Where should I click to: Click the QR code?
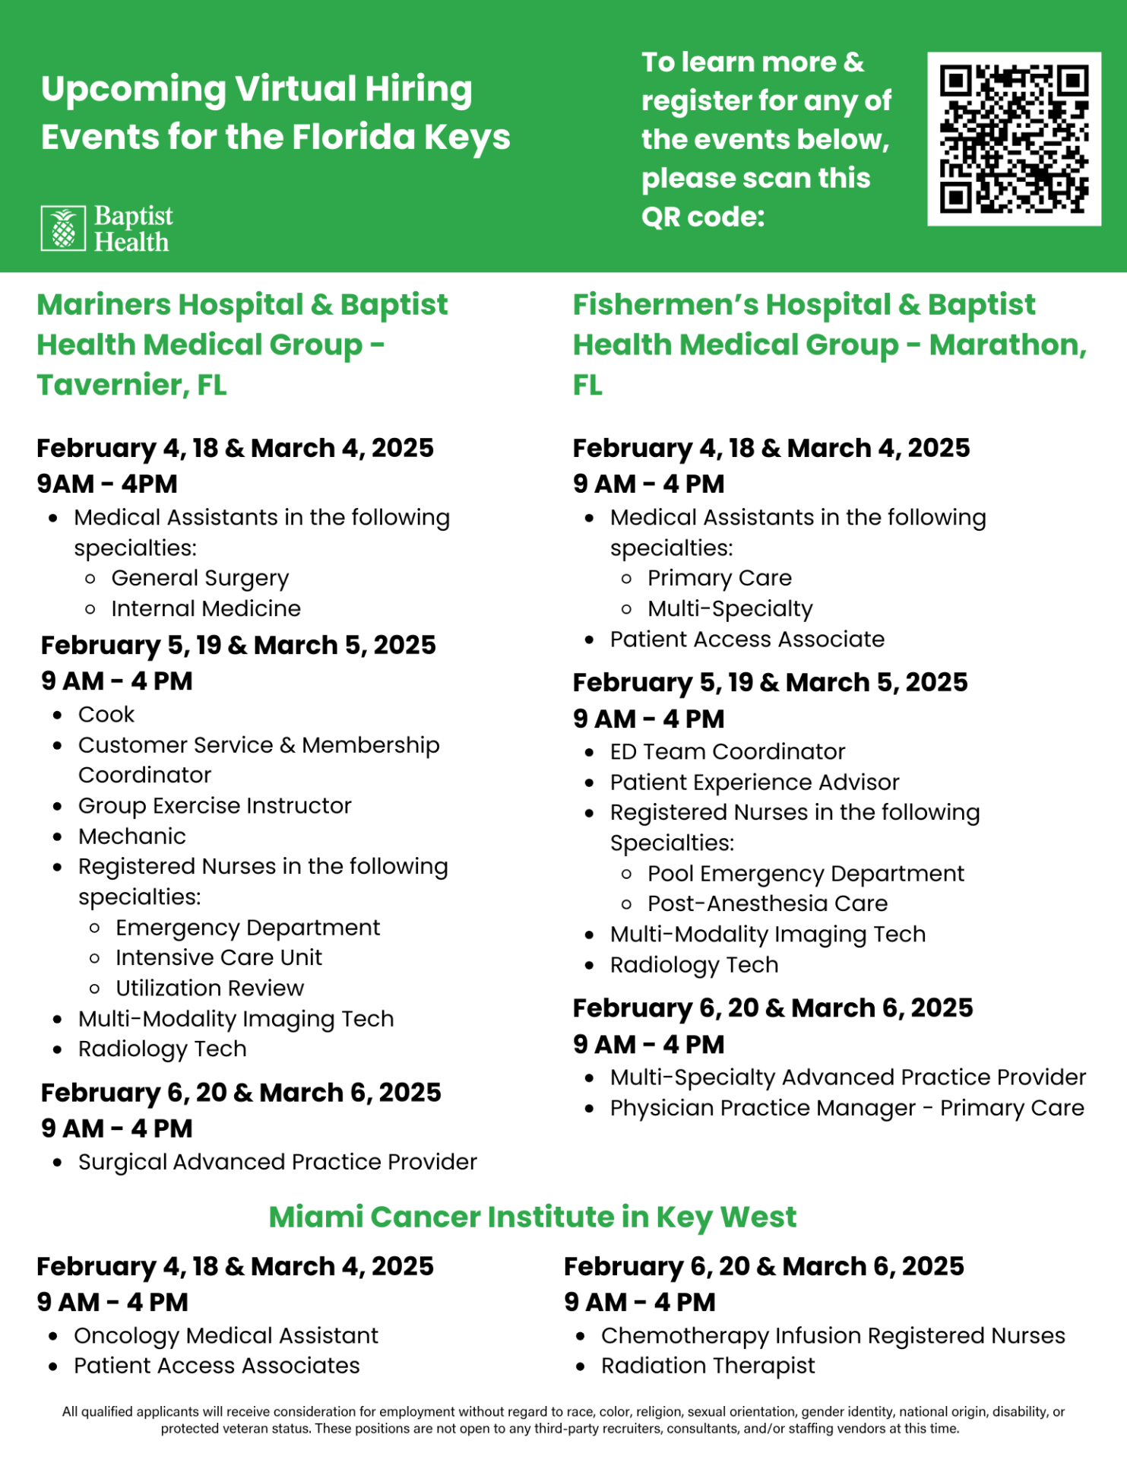pos(1014,139)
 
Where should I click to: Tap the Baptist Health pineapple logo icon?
pos(63,228)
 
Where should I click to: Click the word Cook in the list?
pos(106,715)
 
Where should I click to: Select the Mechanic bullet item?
pos(132,836)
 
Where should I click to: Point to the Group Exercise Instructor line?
pos(215,806)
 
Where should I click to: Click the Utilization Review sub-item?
pos(210,988)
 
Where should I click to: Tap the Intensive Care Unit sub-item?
pos(219,957)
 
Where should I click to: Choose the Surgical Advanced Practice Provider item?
pos(277,1162)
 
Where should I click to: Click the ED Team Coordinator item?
pos(727,752)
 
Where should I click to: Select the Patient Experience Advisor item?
pos(755,782)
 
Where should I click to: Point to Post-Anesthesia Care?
pos(768,903)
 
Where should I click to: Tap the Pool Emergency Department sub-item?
pos(806,874)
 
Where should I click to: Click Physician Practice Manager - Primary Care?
pos(847,1108)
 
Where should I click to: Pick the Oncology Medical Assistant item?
pos(226,1335)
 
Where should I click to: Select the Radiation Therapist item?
pos(708,1366)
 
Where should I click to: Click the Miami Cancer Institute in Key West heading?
pos(533,1217)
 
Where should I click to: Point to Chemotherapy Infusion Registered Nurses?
pos(833,1335)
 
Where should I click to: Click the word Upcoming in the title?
pos(134,89)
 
